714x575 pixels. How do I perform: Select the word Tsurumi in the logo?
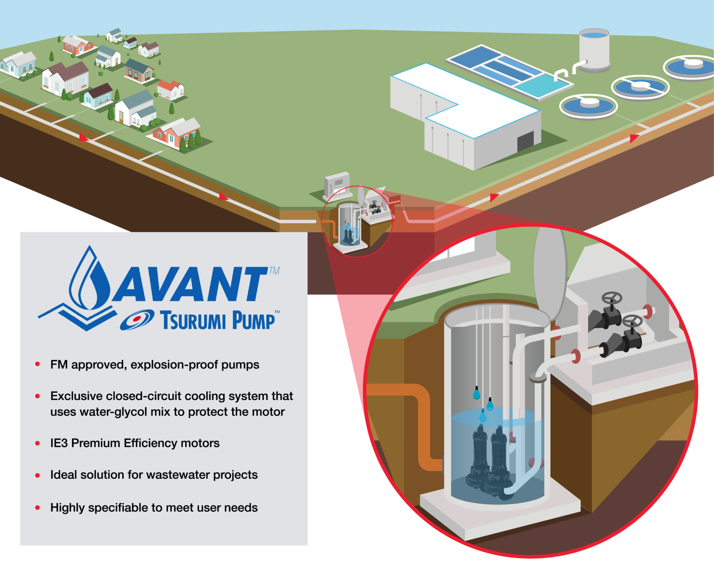(x=193, y=320)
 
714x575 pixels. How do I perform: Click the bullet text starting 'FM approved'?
(x=155, y=365)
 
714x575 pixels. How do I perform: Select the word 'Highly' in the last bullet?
(x=67, y=508)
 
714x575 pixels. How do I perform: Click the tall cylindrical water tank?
(x=594, y=50)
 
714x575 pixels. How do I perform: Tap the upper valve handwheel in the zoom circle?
(x=612, y=298)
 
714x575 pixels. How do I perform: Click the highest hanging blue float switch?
(x=476, y=393)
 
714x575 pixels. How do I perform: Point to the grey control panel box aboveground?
(x=337, y=183)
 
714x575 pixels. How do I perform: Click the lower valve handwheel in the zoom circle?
(x=633, y=320)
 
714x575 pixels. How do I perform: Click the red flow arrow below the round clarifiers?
(x=634, y=138)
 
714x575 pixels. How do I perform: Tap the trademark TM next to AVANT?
(x=274, y=271)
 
